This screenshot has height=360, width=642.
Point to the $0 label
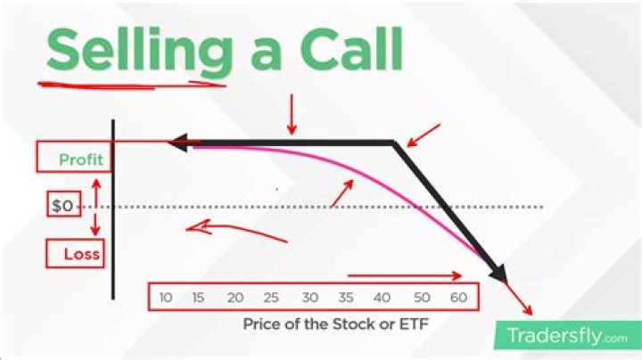62,206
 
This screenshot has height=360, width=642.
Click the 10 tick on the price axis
166,297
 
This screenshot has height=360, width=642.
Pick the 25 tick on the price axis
272,297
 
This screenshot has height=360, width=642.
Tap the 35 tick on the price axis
347,297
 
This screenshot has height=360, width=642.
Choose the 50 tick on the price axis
422,297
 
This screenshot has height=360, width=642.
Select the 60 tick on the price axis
458,297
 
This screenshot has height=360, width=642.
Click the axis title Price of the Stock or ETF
335,324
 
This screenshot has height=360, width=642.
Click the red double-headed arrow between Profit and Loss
96,206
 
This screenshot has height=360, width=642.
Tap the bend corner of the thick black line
393,143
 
